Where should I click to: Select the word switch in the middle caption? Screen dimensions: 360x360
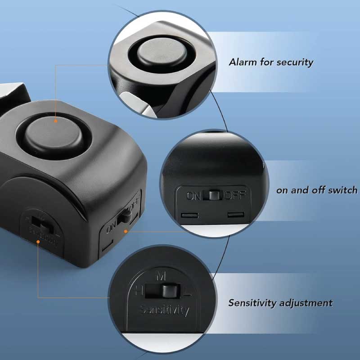(x=342, y=190)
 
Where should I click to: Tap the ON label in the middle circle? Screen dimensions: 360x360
(x=194, y=196)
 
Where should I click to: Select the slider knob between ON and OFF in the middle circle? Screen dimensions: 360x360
(x=213, y=195)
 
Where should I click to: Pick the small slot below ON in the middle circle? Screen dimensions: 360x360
(x=189, y=215)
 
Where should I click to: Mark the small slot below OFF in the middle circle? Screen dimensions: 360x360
(x=235, y=215)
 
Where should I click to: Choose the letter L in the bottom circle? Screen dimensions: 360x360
(x=189, y=293)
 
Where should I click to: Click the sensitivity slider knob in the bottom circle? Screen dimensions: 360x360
(x=169, y=290)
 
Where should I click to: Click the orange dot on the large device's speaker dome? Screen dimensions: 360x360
(x=55, y=121)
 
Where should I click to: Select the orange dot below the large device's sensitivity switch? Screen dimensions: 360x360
(x=39, y=242)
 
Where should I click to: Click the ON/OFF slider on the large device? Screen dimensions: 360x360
(x=121, y=217)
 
